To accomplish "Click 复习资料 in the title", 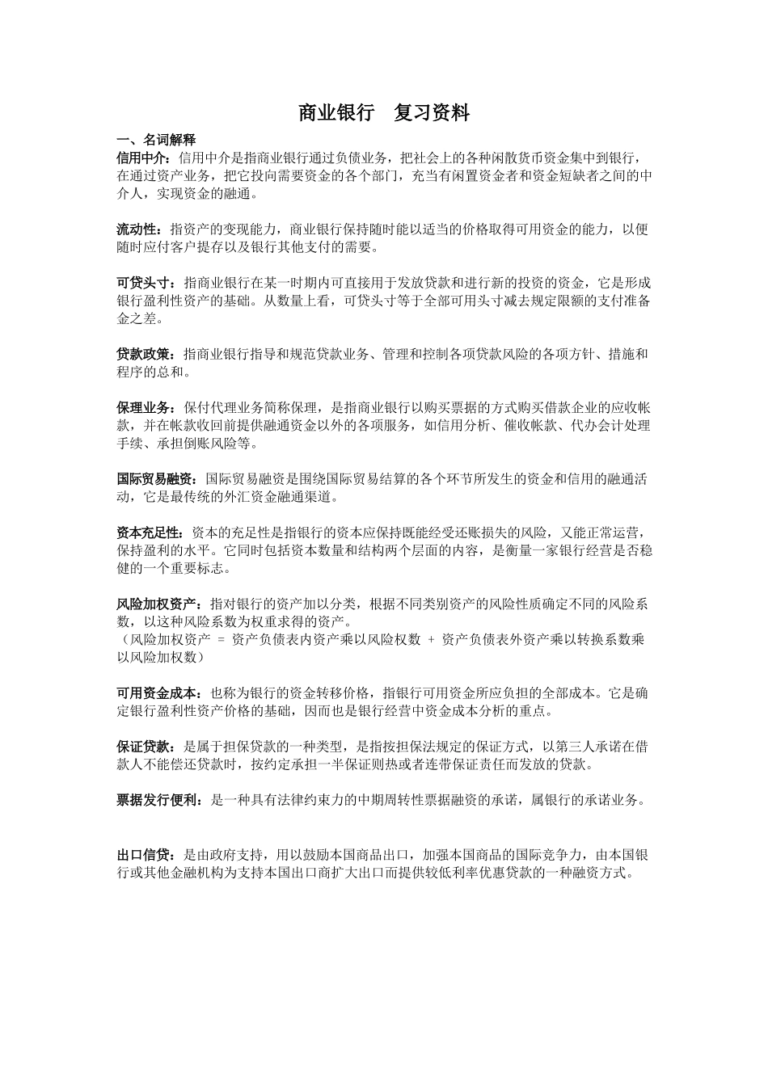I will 432,113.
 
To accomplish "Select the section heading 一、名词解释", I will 156,140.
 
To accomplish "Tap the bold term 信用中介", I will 142,157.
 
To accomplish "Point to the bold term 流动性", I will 137,229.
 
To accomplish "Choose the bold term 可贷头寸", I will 144,283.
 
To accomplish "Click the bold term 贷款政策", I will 144,354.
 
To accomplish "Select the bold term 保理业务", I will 144,407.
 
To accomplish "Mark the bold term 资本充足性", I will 150,533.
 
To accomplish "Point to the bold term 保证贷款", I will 144,747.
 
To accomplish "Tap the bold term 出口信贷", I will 144,854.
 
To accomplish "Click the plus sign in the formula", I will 431,640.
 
